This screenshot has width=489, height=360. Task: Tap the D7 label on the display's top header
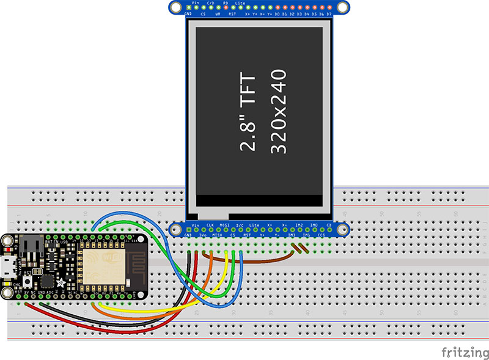pos(329,13)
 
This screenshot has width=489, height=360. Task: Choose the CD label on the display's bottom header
pos(329,226)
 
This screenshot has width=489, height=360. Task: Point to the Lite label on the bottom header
pos(254,226)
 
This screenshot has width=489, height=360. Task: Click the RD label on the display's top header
pos(226,3)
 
